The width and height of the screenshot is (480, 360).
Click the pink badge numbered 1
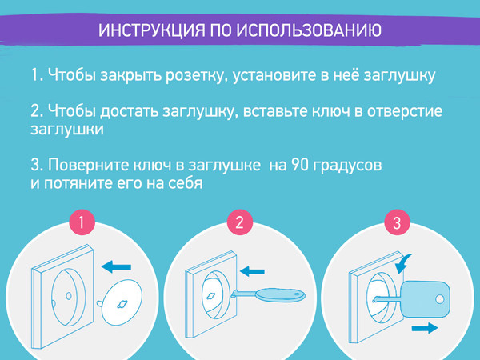(80, 222)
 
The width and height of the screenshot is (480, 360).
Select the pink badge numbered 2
(238, 222)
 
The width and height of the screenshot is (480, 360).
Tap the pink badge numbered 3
(394, 222)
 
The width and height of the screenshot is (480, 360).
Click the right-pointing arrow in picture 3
(425, 328)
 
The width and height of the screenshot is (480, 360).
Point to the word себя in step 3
(182, 183)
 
